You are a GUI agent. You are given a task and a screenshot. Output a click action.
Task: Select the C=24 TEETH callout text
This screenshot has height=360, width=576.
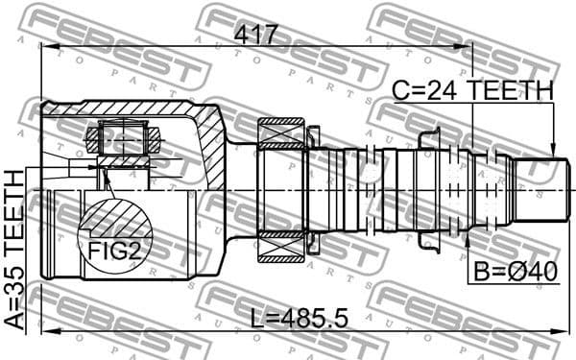coord(473,91)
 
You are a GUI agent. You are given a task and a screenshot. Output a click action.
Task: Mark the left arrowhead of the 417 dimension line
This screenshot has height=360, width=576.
coord(46,48)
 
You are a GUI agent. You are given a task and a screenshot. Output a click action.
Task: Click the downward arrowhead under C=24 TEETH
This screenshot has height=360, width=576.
coord(554,149)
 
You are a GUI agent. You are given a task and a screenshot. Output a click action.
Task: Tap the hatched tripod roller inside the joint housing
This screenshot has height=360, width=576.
coord(120,139)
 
